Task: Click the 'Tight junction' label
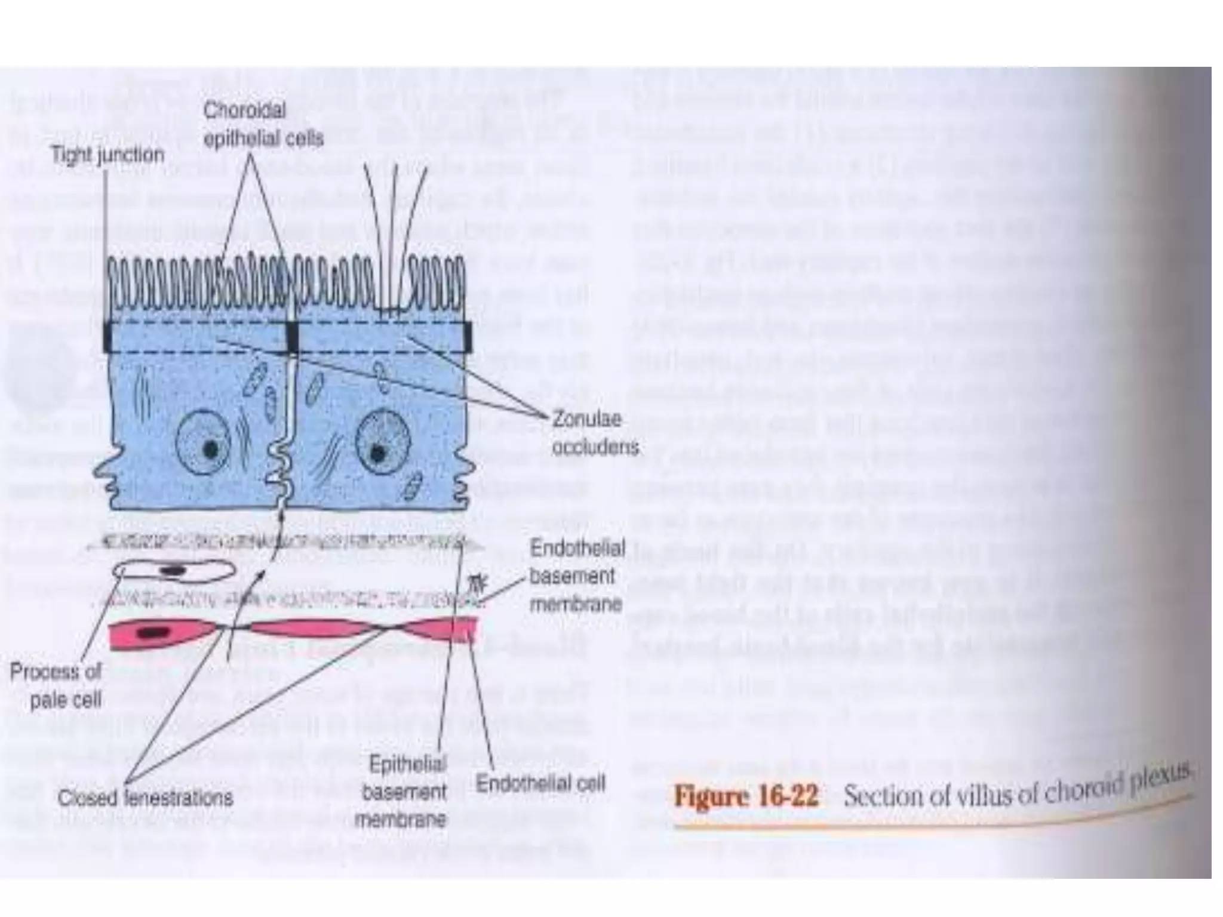(x=107, y=155)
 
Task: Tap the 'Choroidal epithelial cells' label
(x=263, y=125)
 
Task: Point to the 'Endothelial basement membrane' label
(x=576, y=577)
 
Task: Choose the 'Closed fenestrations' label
(x=145, y=798)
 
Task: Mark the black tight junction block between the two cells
(x=292, y=337)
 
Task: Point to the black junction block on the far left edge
(x=107, y=337)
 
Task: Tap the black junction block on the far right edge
(x=467, y=337)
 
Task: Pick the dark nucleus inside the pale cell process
(x=173, y=571)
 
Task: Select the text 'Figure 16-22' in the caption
(x=746, y=796)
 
